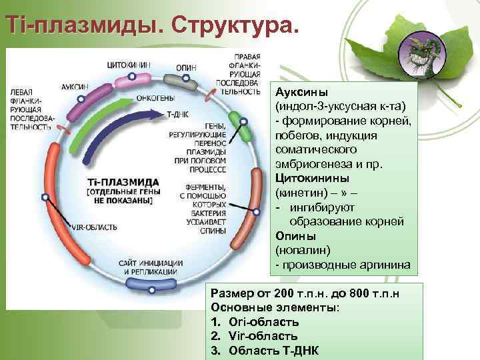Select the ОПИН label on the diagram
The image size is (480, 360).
tap(186, 67)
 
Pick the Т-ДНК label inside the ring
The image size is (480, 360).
tap(177, 114)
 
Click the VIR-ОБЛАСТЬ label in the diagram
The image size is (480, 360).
tap(94, 227)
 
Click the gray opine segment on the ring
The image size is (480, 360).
tap(181, 81)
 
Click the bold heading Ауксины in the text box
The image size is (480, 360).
tap(297, 92)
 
